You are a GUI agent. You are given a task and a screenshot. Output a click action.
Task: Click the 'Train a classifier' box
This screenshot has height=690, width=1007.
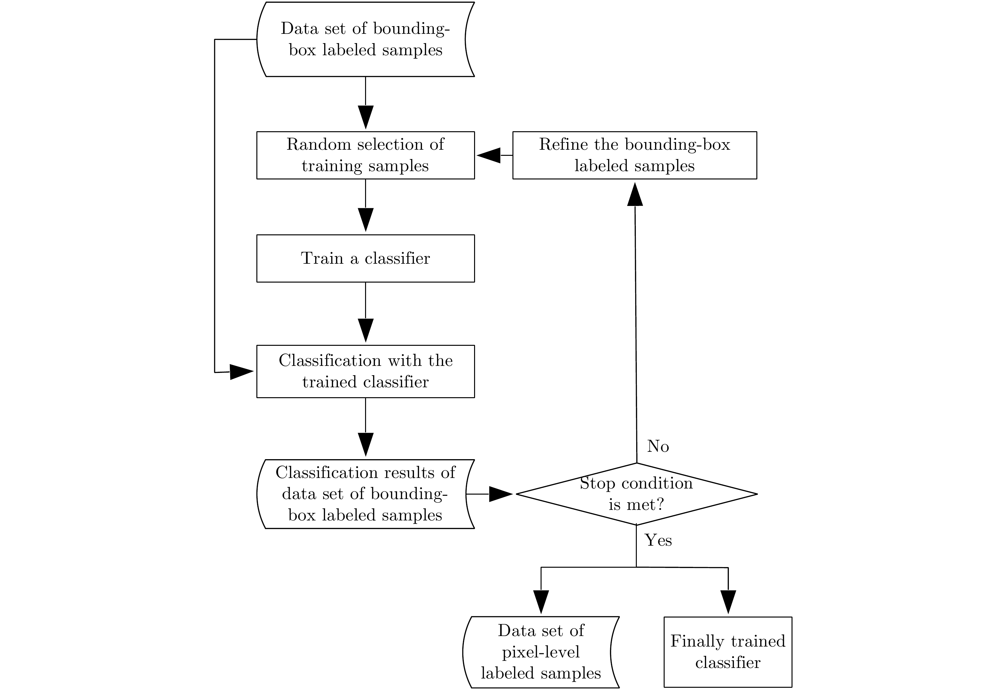(365, 258)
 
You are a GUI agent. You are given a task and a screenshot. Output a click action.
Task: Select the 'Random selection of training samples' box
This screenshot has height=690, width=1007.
(365, 155)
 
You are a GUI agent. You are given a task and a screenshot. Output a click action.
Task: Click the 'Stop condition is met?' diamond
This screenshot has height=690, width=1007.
(636, 494)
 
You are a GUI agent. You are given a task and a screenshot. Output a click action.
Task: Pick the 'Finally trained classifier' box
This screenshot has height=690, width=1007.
(728, 652)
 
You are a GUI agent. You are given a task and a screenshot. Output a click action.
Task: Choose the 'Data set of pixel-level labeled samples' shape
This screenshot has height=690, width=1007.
(541, 652)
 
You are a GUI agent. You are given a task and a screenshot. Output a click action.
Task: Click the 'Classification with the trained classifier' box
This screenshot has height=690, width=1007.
(365, 371)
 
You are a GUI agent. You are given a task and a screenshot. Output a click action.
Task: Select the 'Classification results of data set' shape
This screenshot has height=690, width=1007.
(365, 494)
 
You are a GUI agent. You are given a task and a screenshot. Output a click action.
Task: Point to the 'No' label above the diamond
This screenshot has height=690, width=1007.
(658, 446)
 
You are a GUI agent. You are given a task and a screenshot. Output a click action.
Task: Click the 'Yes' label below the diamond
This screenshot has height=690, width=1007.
(658, 540)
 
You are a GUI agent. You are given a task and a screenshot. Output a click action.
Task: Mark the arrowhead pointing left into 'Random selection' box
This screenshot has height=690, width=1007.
(488, 155)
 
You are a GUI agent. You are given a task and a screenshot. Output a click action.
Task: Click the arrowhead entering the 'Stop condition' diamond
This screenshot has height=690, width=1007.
(501, 494)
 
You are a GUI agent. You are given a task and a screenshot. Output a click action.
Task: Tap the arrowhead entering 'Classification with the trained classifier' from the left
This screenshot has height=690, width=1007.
(241, 371)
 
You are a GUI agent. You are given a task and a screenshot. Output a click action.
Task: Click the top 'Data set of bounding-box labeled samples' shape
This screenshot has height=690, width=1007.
(365, 39)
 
